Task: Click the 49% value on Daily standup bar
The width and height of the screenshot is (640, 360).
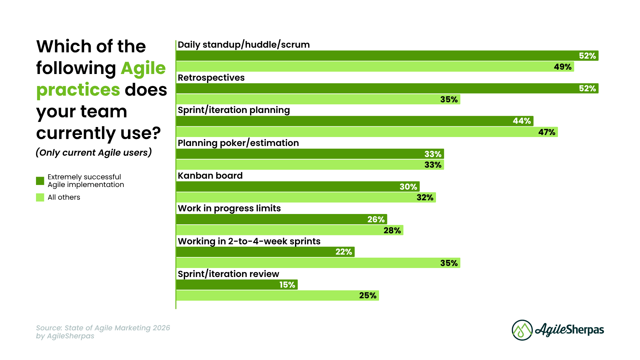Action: (x=563, y=67)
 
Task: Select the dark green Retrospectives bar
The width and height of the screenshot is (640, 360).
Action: (x=387, y=88)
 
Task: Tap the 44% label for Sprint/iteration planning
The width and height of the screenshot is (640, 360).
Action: (x=522, y=121)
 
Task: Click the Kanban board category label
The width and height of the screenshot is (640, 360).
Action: (x=210, y=176)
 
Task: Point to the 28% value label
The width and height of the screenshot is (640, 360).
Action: (x=392, y=230)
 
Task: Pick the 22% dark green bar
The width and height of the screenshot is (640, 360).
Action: (x=265, y=252)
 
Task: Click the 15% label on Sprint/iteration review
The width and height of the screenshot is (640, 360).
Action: (x=287, y=285)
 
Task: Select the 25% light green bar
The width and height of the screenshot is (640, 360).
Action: (x=277, y=296)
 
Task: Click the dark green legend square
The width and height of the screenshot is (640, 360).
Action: (x=40, y=181)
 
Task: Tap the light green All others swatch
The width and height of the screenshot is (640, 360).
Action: (x=40, y=197)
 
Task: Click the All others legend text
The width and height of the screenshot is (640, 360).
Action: (x=64, y=197)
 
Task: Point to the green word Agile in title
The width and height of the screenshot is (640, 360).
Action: (x=143, y=68)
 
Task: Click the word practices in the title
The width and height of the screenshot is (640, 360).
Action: (x=78, y=90)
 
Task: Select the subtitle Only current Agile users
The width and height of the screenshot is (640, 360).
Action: (x=94, y=152)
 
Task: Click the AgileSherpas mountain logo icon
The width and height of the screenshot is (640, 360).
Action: (x=522, y=330)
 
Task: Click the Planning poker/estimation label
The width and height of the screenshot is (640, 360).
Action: (x=238, y=143)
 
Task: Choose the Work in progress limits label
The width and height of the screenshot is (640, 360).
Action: (x=229, y=208)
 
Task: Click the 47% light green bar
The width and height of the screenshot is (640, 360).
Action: (x=367, y=132)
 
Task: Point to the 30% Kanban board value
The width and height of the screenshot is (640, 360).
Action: (x=408, y=187)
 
